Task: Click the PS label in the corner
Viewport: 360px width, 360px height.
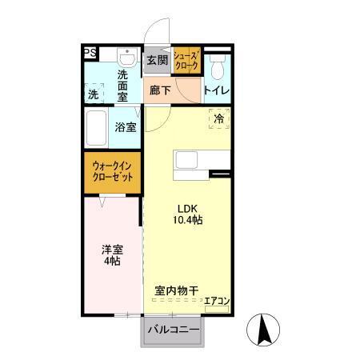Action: click(x=90, y=54)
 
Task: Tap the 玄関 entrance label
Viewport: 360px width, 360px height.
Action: click(x=157, y=60)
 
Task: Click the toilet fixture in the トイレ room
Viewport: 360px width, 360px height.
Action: click(x=217, y=64)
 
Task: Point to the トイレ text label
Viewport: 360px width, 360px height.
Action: click(x=217, y=90)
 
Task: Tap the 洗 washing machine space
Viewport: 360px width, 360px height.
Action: click(x=95, y=94)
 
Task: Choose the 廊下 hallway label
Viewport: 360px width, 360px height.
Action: click(x=160, y=90)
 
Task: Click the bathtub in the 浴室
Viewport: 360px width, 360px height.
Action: click(x=97, y=127)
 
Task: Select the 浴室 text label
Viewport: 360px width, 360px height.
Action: click(x=126, y=127)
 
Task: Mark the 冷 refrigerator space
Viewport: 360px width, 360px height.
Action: click(x=219, y=118)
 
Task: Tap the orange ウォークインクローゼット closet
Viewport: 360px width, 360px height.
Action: click(x=113, y=171)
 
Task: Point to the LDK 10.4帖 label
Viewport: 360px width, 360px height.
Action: click(x=190, y=214)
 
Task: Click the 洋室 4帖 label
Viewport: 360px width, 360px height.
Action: click(x=111, y=254)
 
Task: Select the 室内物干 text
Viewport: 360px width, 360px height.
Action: click(x=177, y=291)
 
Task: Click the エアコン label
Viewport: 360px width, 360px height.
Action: click(x=217, y=302)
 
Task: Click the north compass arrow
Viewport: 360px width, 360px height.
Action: click(x=265, y=329)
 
